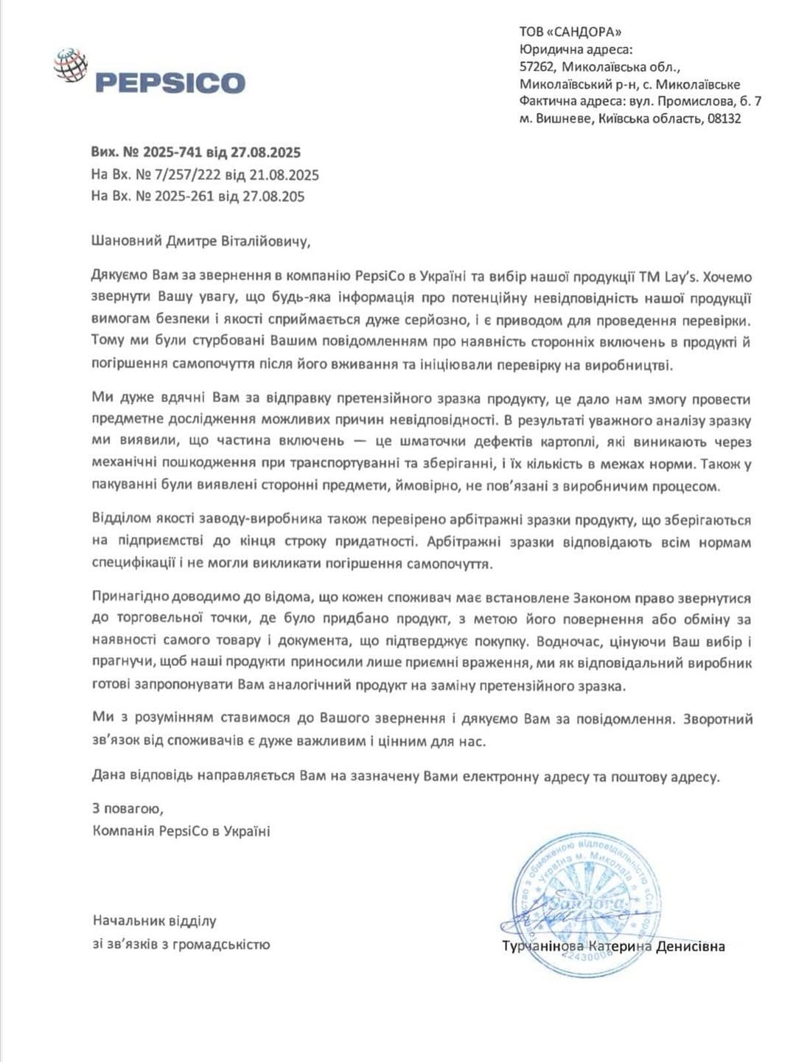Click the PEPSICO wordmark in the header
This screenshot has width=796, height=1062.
[170, 82]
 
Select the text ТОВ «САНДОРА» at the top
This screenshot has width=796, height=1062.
[570, 31]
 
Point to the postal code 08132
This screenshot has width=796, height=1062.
[724, 119]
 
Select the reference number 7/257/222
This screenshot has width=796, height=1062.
[186, 175]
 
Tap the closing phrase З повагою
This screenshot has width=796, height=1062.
[123, 808]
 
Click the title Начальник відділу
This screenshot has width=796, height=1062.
[154, 920]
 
